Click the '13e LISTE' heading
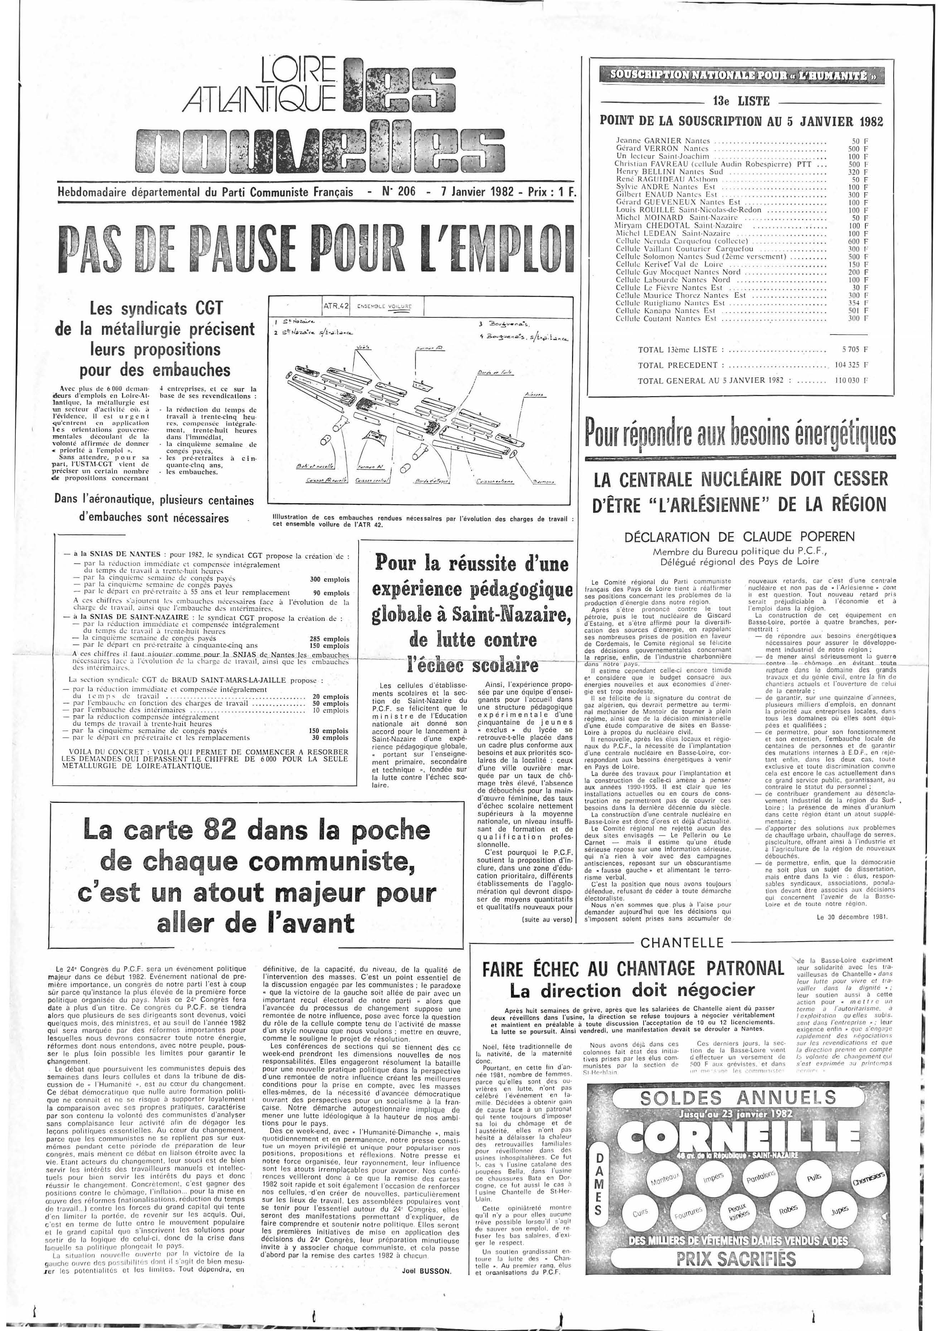[x=741, y=101]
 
